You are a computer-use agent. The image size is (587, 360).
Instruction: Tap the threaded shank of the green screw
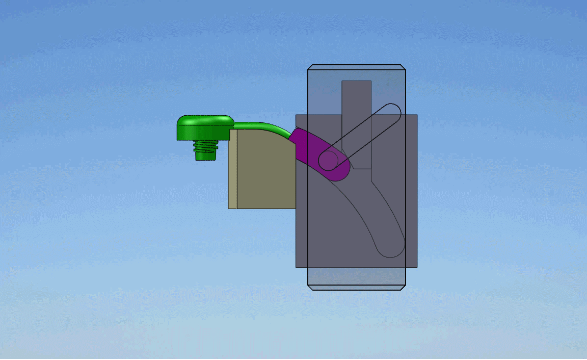pyautogui.click(x=206, y=150)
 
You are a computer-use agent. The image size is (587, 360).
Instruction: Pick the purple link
pyautogui.click(x=311, y=151)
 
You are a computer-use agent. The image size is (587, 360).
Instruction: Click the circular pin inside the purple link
pyautogui.click(x=329, y=160)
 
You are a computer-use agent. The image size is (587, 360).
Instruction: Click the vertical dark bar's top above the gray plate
pyautogui.click(x=356, y=97)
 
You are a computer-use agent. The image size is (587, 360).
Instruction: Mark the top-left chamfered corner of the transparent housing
pyautogui.click(x=310, y=67)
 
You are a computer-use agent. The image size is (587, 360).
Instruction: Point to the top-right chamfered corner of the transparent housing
pyautogui.click(x=403, y=67)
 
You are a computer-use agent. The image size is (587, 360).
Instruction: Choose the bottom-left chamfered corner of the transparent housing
pyautogui.click(x=310, y=288)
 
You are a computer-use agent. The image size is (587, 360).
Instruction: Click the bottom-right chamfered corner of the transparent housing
pyautogui.click(x=403, y=288)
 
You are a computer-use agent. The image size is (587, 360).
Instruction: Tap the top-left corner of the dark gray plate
pyautogui.click(x=297, y=115)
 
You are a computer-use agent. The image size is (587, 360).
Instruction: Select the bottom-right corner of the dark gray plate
pyautogui.click(x=417, y=267)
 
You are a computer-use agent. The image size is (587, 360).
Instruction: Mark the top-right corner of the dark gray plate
pyautogui.click(x=417, y=115)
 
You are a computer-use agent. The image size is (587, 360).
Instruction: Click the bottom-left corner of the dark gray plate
pyautogui.click(x=297, y=267)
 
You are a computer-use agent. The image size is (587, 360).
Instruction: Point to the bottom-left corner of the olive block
pyautogui.click(x=229, y=208)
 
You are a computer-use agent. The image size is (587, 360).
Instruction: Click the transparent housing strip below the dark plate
pyautogui.click(x=356, y=278)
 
